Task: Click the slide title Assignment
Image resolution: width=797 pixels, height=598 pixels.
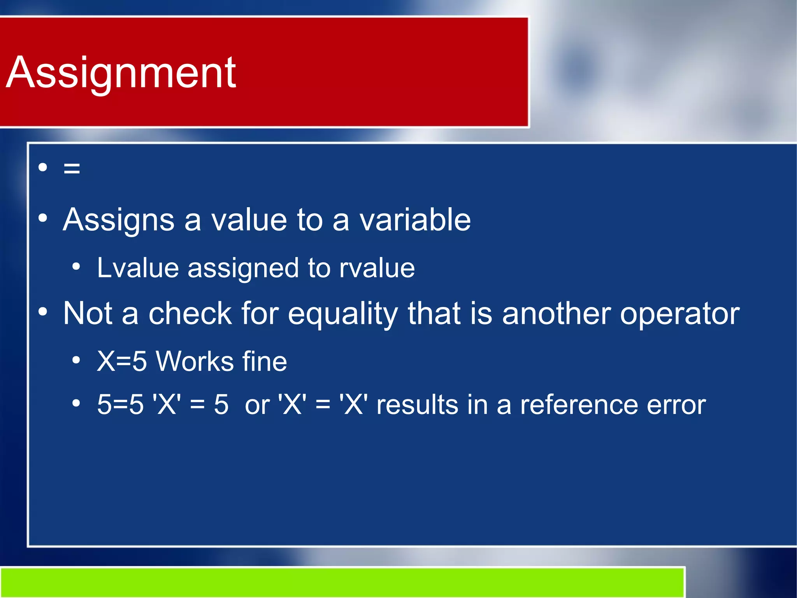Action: pos(121,73)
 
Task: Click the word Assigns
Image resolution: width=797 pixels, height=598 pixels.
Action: pos(118,221)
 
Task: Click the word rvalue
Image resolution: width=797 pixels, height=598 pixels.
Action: pos(377,268)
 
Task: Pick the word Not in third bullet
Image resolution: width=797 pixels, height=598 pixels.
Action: pos(88,313)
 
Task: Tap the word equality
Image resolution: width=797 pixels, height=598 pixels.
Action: pos(343,314)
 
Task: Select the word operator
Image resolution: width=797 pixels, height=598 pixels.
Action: pos(679,314)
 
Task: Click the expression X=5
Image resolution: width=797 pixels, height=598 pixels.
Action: pos(122,362)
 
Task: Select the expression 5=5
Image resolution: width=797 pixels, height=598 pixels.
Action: pos(120,404)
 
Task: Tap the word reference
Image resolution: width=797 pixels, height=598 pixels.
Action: pos(579,405)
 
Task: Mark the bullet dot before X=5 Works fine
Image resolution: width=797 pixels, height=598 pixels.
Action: pos(76,360)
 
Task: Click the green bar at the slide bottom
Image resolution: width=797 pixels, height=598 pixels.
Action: pos(342,582)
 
